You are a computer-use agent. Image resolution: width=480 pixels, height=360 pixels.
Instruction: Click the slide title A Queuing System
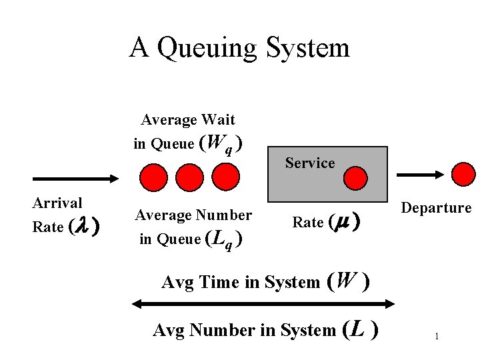239,48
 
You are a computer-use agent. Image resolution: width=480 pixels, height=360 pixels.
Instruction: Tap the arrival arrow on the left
74,179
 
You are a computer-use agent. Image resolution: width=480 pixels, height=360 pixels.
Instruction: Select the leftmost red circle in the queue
153,177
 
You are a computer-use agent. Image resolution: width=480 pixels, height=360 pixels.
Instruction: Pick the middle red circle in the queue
189,177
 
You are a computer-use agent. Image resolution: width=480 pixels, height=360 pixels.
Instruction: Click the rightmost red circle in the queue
225,177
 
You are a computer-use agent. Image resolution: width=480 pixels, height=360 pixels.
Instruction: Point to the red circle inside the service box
355,178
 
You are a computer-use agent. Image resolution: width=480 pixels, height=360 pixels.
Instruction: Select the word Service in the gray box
310,163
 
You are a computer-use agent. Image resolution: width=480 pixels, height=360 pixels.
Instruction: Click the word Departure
436,208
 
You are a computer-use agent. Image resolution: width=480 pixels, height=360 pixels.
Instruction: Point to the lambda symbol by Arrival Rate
80,227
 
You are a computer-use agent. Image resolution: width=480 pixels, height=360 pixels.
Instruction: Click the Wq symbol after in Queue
219,143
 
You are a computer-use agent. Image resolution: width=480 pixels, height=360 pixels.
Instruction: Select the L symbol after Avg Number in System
358,329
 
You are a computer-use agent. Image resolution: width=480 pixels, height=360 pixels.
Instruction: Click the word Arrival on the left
57,203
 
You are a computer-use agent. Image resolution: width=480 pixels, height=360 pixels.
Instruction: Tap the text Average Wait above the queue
188,120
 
